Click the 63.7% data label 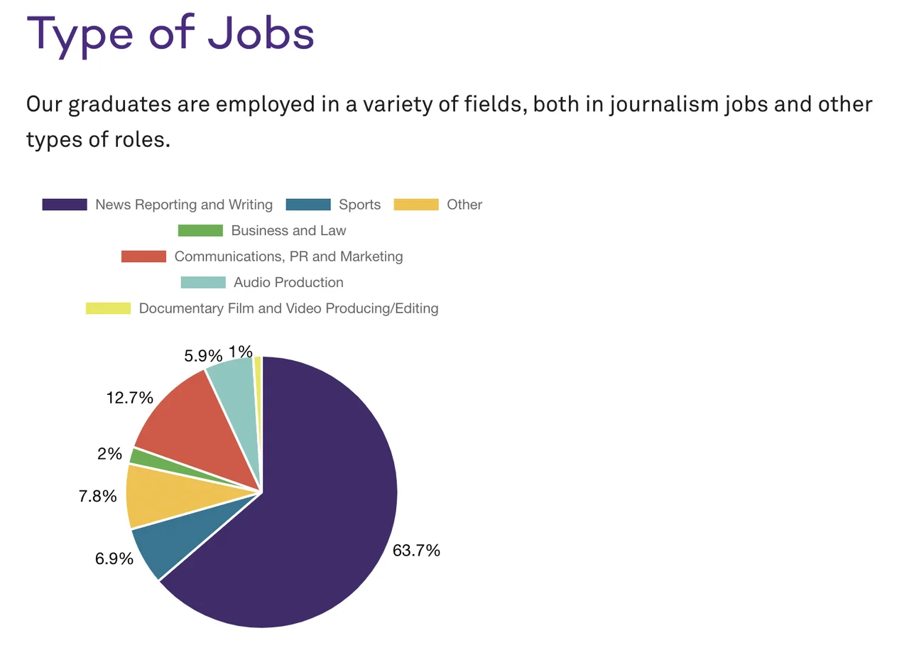pyautogui.click(x=416, y=550)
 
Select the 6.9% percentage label pyautogui.click(x=114, y=558)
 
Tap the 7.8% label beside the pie pyautogui.click(x=98, y=496)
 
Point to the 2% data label pyautogui.click(x=110, y=453)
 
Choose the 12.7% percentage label pyautogui.click(x=130, y=398)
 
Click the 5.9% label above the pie pyautogui.click(x=204, y=355)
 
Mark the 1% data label pyautogui.click(x=241, y=351)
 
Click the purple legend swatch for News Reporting pyautogui.click(x=65, y=205)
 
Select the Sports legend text pyautogui.click(x=359, y=205)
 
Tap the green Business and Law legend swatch pyautogui.click(x=200, y=230)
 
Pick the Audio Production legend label pyautogui.click(x=288, y=282)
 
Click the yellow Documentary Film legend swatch pyautogui.click(x=109, y=308)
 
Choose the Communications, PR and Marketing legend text pyautogui.click(x=288, y=256)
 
